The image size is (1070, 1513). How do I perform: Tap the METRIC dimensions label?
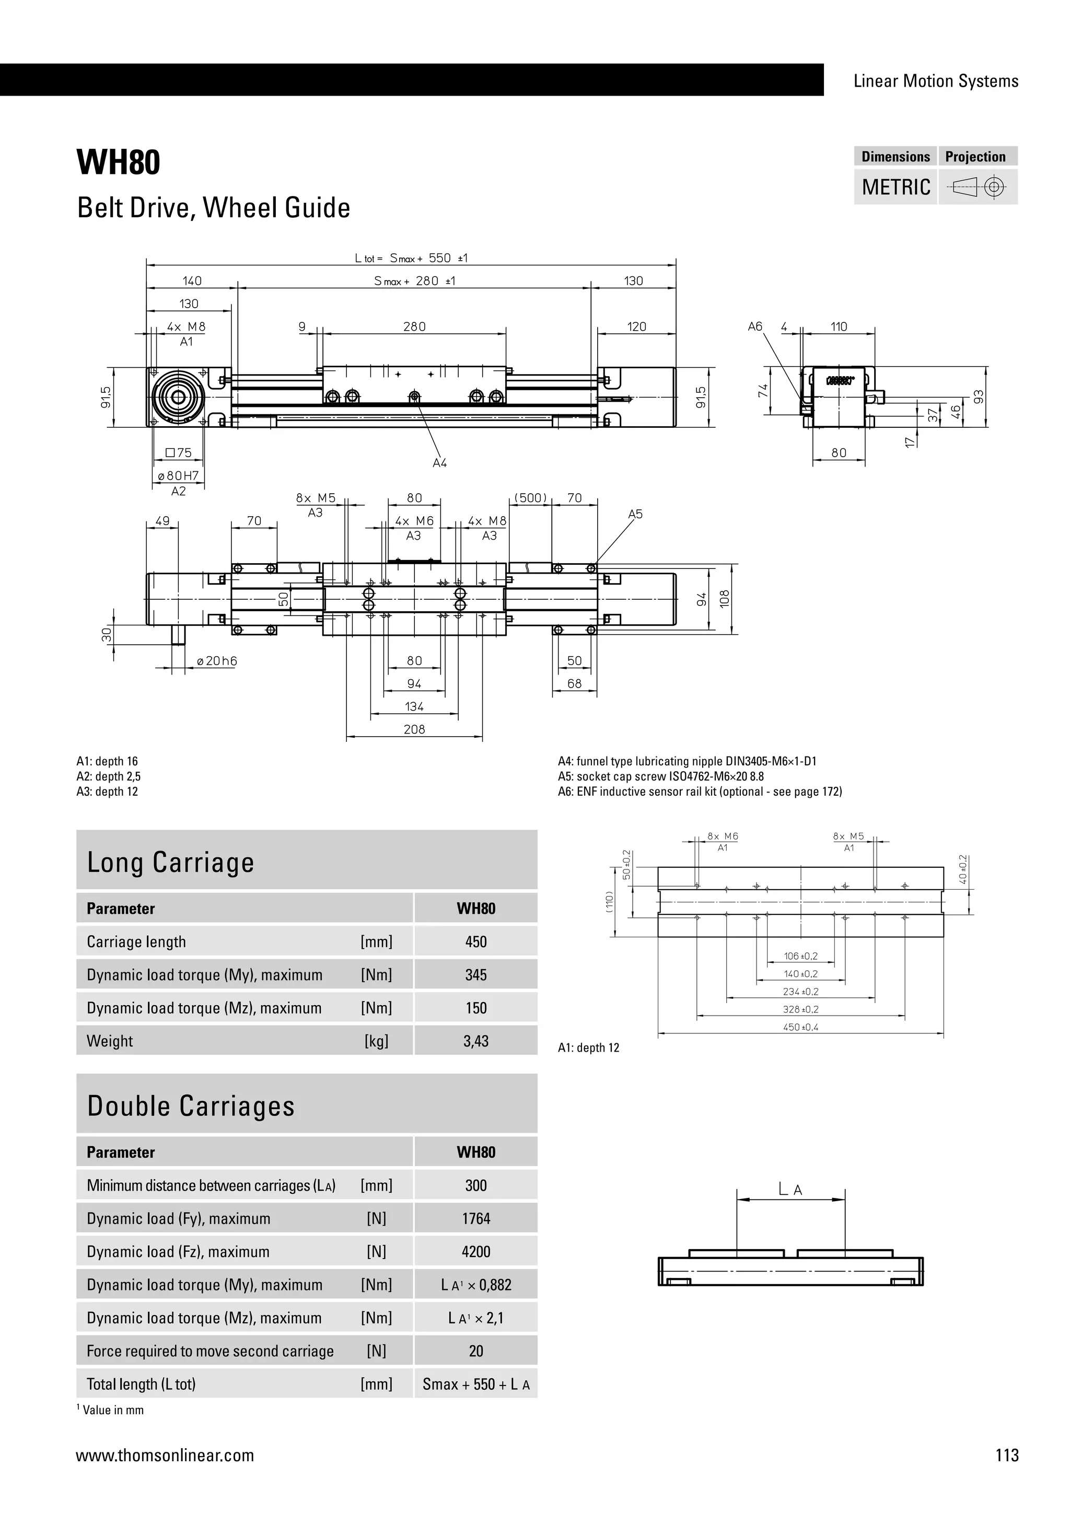pos(895,187)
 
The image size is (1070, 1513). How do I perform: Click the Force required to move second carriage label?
pos(210,1351)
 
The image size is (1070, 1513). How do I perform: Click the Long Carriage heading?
pos(171,862)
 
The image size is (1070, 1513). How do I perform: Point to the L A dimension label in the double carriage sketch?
pos(790,1190)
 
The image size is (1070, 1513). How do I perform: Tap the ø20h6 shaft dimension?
pos(217,661)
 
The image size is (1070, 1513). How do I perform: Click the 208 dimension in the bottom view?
pos(414,729)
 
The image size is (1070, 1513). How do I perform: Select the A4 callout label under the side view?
pos(439,463)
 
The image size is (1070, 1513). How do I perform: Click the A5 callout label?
pos(634,514)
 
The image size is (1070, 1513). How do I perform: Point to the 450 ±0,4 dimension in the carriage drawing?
pos(800,1027)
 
